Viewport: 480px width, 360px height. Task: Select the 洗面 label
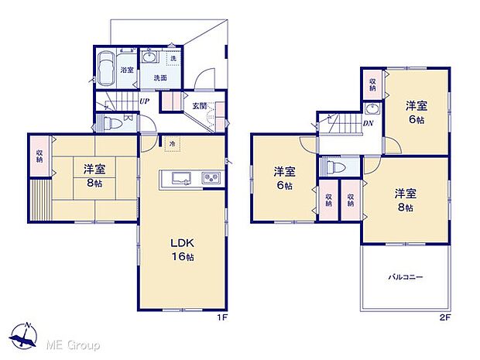click(159, 78)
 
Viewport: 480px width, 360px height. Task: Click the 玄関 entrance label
click(199, 106)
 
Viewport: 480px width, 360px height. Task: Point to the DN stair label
click(369, 122)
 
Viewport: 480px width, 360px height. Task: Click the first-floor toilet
click(108, 122)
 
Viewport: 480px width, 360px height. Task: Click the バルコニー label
click(405, 277)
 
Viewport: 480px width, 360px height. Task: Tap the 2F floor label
click(444, 316)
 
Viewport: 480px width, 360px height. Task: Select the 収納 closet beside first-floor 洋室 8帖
click(39, 155)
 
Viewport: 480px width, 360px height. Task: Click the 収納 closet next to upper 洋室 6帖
click(372, 85)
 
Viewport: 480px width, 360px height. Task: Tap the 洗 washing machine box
click(173, 59)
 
